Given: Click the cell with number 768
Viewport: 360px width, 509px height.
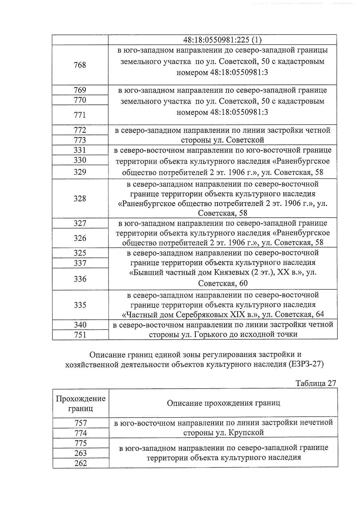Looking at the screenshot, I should pyautogui.click(x=80, y=65).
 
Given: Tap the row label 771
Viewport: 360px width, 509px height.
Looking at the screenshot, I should pyautogui.click(x=80, y=115).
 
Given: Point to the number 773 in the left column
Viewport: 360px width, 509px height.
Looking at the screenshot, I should pyautogui.click(x=80, y=140).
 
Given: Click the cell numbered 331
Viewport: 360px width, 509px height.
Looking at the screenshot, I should pyautogui.click(x=80, y=150).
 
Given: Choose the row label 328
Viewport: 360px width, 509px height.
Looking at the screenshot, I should pyautogui.click(x=80, y=199).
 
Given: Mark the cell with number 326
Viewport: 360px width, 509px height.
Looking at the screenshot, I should pyautogui.click(x=80, y=238).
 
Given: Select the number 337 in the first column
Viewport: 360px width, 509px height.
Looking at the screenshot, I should pyautogui.click(x=80, y=263).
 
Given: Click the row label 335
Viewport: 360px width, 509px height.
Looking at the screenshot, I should pyautogui.click(x=80, y=305).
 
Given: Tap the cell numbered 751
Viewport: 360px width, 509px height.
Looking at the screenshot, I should pyautogui.click(x=80, y=335).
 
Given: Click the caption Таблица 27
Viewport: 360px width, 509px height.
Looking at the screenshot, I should pyautogui.click(x=316, y=383).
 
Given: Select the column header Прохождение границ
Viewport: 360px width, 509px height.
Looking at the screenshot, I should pyautogui.click(x=81, y=403).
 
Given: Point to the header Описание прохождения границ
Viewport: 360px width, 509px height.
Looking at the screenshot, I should pyautogui.click(x=223, y=403).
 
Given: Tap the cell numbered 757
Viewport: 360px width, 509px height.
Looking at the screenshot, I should pyautogui.click(x=80, y=423).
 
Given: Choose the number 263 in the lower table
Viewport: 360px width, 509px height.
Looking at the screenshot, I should pyautogui.click(x=80, y=453).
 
